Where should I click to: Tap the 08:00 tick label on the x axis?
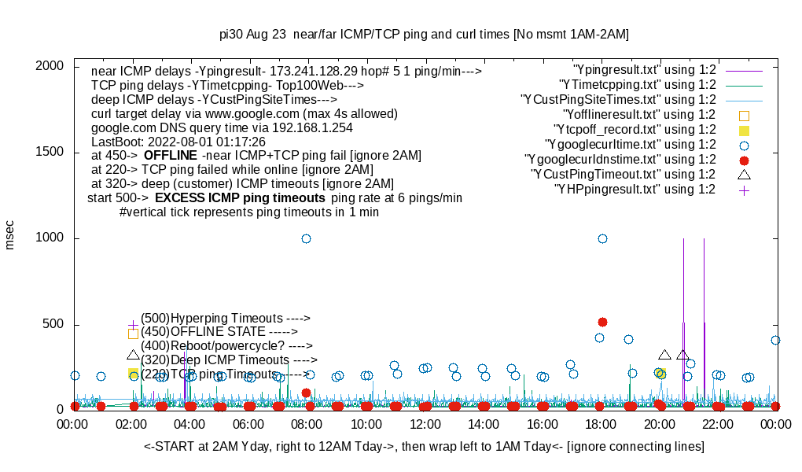[x=307, y=424]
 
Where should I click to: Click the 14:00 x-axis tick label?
[x=483, y=424]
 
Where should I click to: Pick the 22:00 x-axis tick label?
[x=717, y=424]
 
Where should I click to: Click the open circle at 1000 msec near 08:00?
[x=307, y=238]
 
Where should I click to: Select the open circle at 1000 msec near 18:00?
[x=602, y=238]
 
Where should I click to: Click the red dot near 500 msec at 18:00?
[x=602, y=322]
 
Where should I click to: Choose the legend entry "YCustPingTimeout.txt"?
[x=623, y=175]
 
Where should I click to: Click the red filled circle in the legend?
[x=744, y=160]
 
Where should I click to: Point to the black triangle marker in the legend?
[x=744, y=174]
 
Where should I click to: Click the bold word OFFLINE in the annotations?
[x=170, y=156]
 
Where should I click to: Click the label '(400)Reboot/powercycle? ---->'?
[x=226, y=345]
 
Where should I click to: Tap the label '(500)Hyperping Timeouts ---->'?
[x=226, y=318]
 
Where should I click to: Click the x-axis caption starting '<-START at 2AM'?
[x=424, y=446]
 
